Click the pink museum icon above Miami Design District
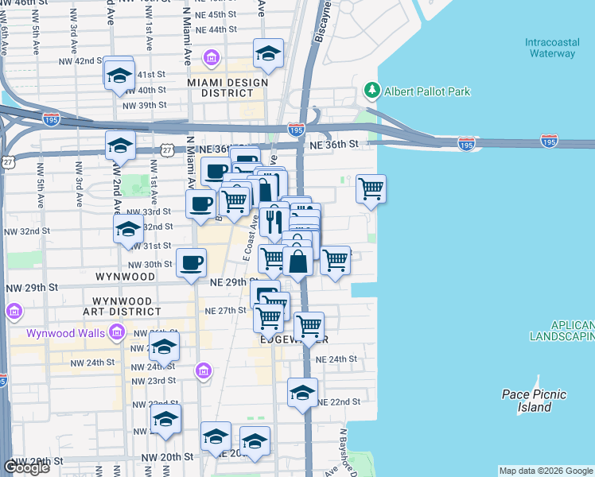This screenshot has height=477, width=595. [x=211, y=58]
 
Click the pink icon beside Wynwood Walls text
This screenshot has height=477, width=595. [x=118, y=332]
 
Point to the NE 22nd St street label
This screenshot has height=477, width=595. [x=339, y=402]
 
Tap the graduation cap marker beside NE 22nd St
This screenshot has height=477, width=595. [x=302, y=393]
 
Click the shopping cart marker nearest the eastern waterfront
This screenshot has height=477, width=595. [x=371, y=189]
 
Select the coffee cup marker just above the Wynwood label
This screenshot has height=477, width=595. [x=191, y=262]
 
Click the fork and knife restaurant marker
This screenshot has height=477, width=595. [x=274, y=218]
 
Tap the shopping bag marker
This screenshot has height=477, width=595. [x=297, y=261]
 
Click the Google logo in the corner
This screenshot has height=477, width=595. [x=26, y=467]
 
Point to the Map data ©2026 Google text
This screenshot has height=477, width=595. [x=545, y=471]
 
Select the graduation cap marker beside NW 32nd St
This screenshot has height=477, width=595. [x=128, y=229]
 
